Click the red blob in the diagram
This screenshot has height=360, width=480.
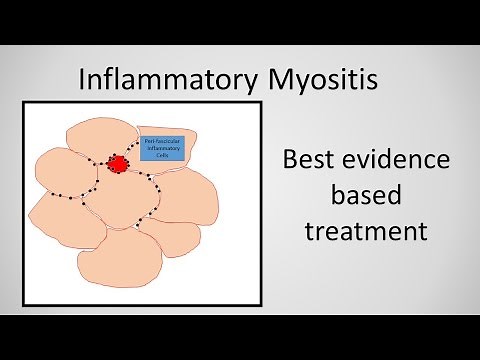117,163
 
